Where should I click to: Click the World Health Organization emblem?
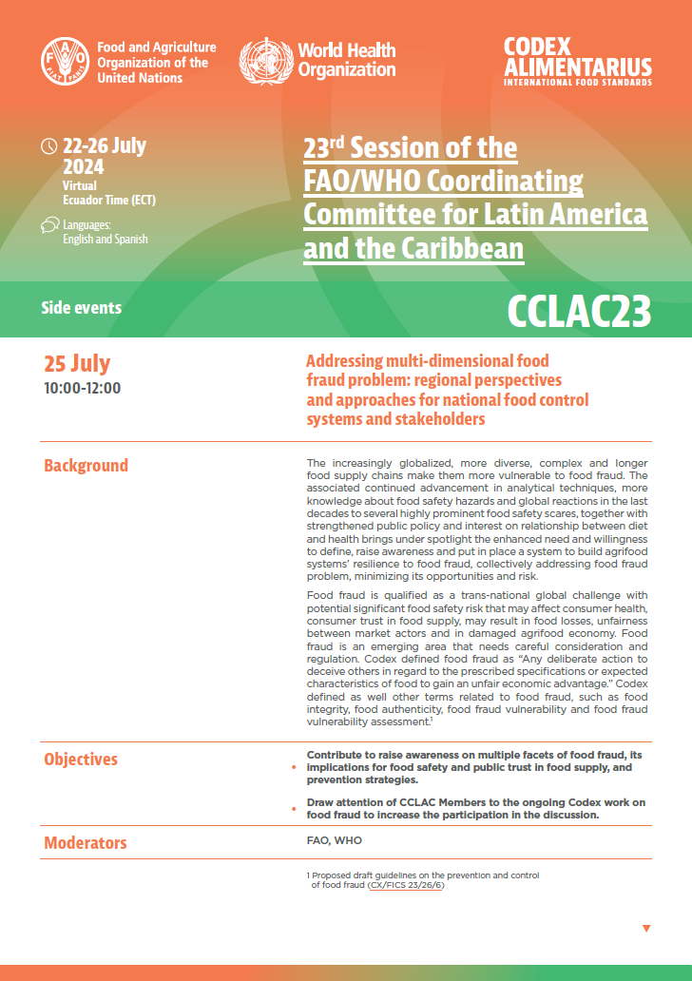click(x=265, y=60)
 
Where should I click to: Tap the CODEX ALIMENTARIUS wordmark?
click(x=578, y=62)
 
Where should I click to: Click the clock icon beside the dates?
click(x=49, y=146)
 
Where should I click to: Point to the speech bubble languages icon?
click(x=49, y=225)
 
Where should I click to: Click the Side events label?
click(x=82, y=308)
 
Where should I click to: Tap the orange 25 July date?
click(x=77, y=363)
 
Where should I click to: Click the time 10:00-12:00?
click(x=83, y=388)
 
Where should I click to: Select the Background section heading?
click(x=86, y=466)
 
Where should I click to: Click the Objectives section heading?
click(x=81, y=760)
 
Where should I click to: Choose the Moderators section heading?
click(x=85, y=843)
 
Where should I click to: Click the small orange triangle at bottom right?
click(x=646, y=928)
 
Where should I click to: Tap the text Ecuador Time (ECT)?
click(x=109, y=200)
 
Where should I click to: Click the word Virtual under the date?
click(x=80, y=185)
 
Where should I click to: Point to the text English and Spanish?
click(x=106, y=240)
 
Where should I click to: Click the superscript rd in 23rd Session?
click(x=341, y=141)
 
